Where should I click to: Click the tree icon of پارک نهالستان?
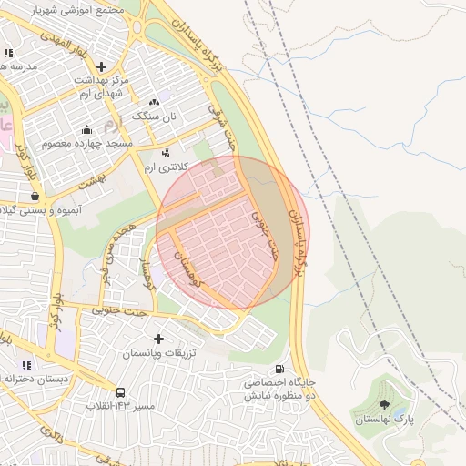click(x=383, y=404)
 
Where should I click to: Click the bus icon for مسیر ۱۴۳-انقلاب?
click(x=122, y=391)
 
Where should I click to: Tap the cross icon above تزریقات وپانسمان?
click(x=160, y=338)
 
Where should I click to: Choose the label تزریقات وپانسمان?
click(x=160, y=351)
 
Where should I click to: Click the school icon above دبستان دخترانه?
click(x=26, y=364)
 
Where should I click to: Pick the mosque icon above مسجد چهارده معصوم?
click(x=86, y=129)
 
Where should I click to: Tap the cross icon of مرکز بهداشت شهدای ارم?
click(x=101, y=66)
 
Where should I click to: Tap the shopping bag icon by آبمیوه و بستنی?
click(x=35, y=196)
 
